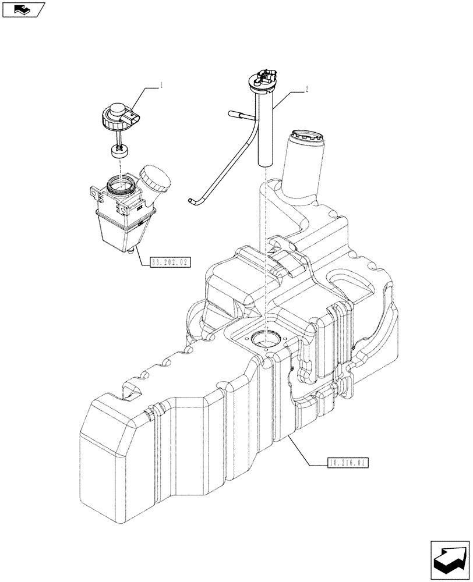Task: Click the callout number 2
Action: [x=306, y=90]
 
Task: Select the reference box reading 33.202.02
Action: [x=170, y=262]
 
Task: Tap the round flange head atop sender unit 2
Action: [x=266, y=80]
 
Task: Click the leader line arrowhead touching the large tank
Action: [x=289, y=437]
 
